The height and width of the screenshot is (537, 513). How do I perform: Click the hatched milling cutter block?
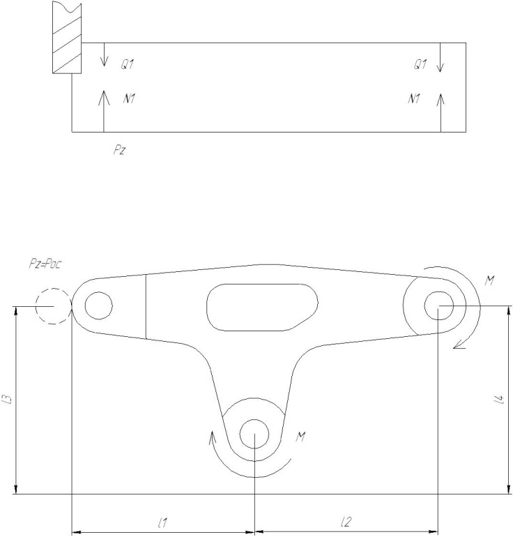coord(67,37)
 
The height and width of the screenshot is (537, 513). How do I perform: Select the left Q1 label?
coord(127,64)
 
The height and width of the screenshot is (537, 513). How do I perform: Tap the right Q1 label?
coord(420,64)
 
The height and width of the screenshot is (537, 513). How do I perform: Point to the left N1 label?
coord(129,98)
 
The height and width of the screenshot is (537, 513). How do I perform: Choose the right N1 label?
coord(414,98)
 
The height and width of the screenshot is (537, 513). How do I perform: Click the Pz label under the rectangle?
coord(118,150)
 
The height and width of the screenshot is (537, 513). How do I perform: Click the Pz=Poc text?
coord(45,264)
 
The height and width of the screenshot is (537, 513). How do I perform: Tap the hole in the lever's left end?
coord(98,305)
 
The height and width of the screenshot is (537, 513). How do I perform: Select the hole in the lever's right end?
coord(438,305)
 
